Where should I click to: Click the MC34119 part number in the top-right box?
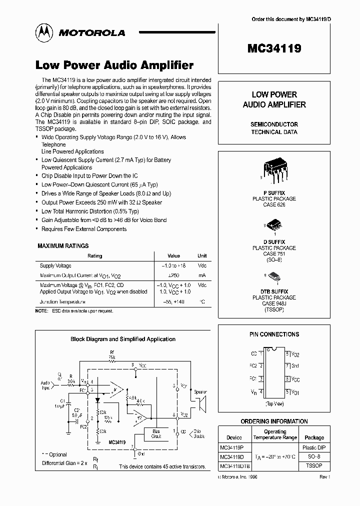click(274, 49)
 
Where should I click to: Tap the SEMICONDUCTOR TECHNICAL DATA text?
click(274, 128)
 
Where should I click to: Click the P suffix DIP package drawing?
click(274, 170)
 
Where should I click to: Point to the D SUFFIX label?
click(274, 242)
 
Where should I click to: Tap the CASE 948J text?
click(274, 303)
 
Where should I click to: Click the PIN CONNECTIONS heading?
click(274, 334)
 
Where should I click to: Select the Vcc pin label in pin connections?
click(295, 379)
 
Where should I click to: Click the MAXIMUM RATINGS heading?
click(63, 246)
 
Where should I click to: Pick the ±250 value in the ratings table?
click(173, 275)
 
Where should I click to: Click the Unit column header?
click(202, 256)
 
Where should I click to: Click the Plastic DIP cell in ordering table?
click(314, 447)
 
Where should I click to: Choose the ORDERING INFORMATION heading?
click(274, 421)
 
